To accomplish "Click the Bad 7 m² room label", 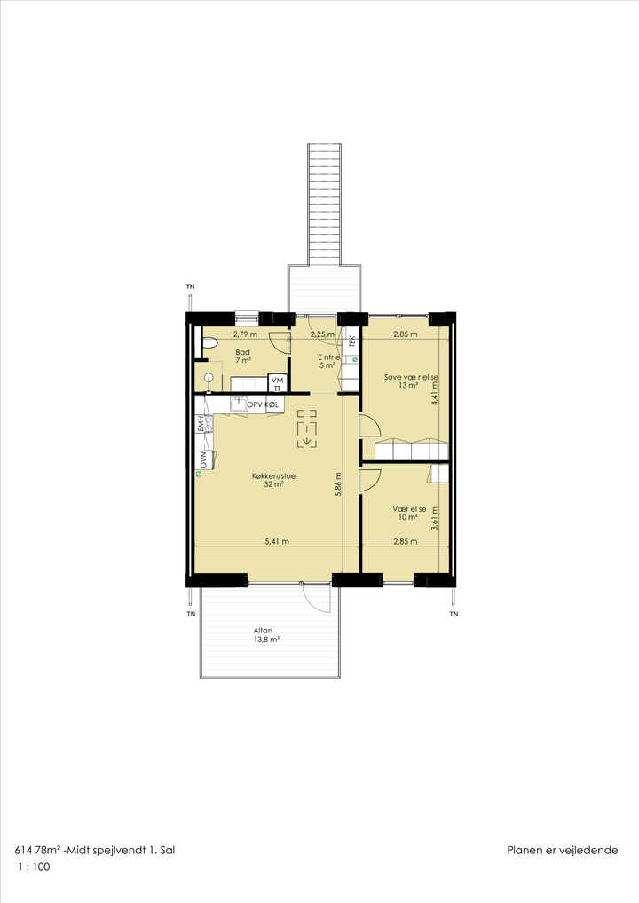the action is (243, 357).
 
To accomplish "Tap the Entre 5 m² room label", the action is (328, 361).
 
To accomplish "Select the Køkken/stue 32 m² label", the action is (273, 480).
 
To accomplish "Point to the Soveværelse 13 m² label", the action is (411, 381).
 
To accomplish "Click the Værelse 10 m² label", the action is (409, 513).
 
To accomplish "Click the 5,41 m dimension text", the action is (277, 541).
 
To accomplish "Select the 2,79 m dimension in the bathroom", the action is (245, 334).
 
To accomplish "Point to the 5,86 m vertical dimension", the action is (338, 484).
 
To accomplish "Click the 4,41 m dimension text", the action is (434, 392).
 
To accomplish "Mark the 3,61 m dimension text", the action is (434, 518).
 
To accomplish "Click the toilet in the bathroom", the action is (209, 344).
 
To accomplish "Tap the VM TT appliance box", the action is (277, 384).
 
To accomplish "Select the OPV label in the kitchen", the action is (254, 404).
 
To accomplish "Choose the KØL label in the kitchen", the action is (272, 404).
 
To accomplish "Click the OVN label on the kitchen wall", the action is (203, 459).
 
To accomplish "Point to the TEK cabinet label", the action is (352, 341).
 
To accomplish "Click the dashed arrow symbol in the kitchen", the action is (307, 428).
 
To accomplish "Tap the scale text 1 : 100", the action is (34, 867).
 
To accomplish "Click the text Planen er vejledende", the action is (563, 851).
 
